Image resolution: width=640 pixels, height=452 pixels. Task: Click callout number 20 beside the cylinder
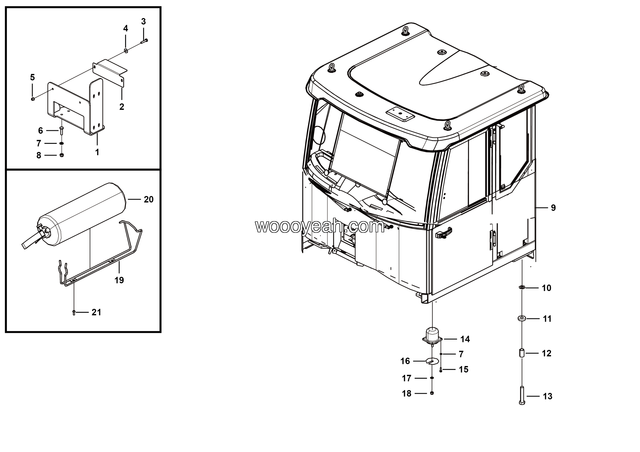click(x=148, y=199)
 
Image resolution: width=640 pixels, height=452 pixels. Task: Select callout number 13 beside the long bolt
click(x=547, y=396)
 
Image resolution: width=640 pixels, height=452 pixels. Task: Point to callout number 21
click(x=96, y=312)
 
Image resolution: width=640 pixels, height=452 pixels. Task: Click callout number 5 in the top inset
click(x=32, y=77)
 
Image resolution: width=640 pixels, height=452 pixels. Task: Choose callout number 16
click(x=405, y=361)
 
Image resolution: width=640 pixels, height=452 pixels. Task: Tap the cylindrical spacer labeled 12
click(x=522, y=353)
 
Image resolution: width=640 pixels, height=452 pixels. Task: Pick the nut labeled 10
click(x=522, y=287)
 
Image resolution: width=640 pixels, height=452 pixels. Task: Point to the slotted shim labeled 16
click(x=432, y=361)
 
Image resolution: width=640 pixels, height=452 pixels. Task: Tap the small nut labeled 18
click(x=432, y=393)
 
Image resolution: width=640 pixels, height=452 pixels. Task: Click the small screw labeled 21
click(x=74, y=313)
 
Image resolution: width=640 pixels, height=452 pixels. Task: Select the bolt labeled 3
click(x=144, y=41)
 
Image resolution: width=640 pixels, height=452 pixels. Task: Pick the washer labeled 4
click(x=126, y=51)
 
